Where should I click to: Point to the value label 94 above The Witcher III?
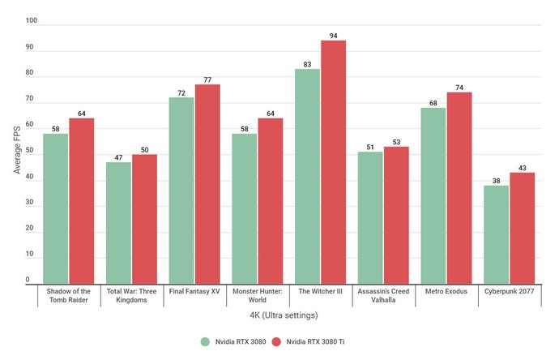click(333, 36)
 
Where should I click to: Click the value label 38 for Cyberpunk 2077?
click(496, 180)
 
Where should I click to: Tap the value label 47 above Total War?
click(118, 157)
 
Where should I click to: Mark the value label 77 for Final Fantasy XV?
click(207, 79)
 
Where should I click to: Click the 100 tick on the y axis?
click(31, 21)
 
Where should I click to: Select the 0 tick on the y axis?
click(27, 280)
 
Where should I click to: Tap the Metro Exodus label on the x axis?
click(445, 292)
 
